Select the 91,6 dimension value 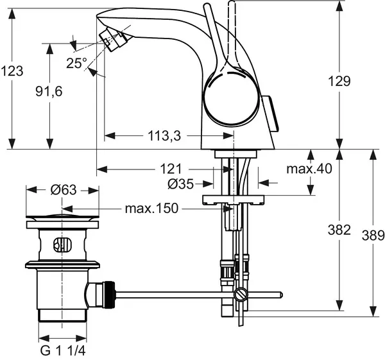pyautogui.click(x=49, y=92)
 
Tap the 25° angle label pyautogui.click(x=76, y=63)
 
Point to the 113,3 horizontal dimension pyautogui.click(x=165, y=135)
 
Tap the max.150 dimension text pyautogui.click(x=151, y=209)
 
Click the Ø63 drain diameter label pyautogui.click(x=63, y=189)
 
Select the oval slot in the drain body pyautogui.click(x=62, y=244)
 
